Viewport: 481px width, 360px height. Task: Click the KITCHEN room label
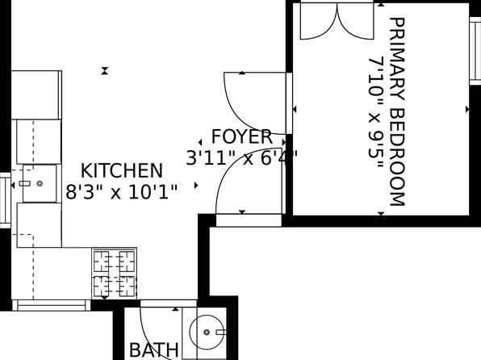click(122, 171)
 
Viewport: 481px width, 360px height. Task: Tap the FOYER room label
click(236, 135)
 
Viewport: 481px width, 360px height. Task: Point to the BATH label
click(154, 350)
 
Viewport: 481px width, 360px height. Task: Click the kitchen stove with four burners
click(114, 273)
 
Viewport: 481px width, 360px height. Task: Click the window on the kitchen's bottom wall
click(52, 304)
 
